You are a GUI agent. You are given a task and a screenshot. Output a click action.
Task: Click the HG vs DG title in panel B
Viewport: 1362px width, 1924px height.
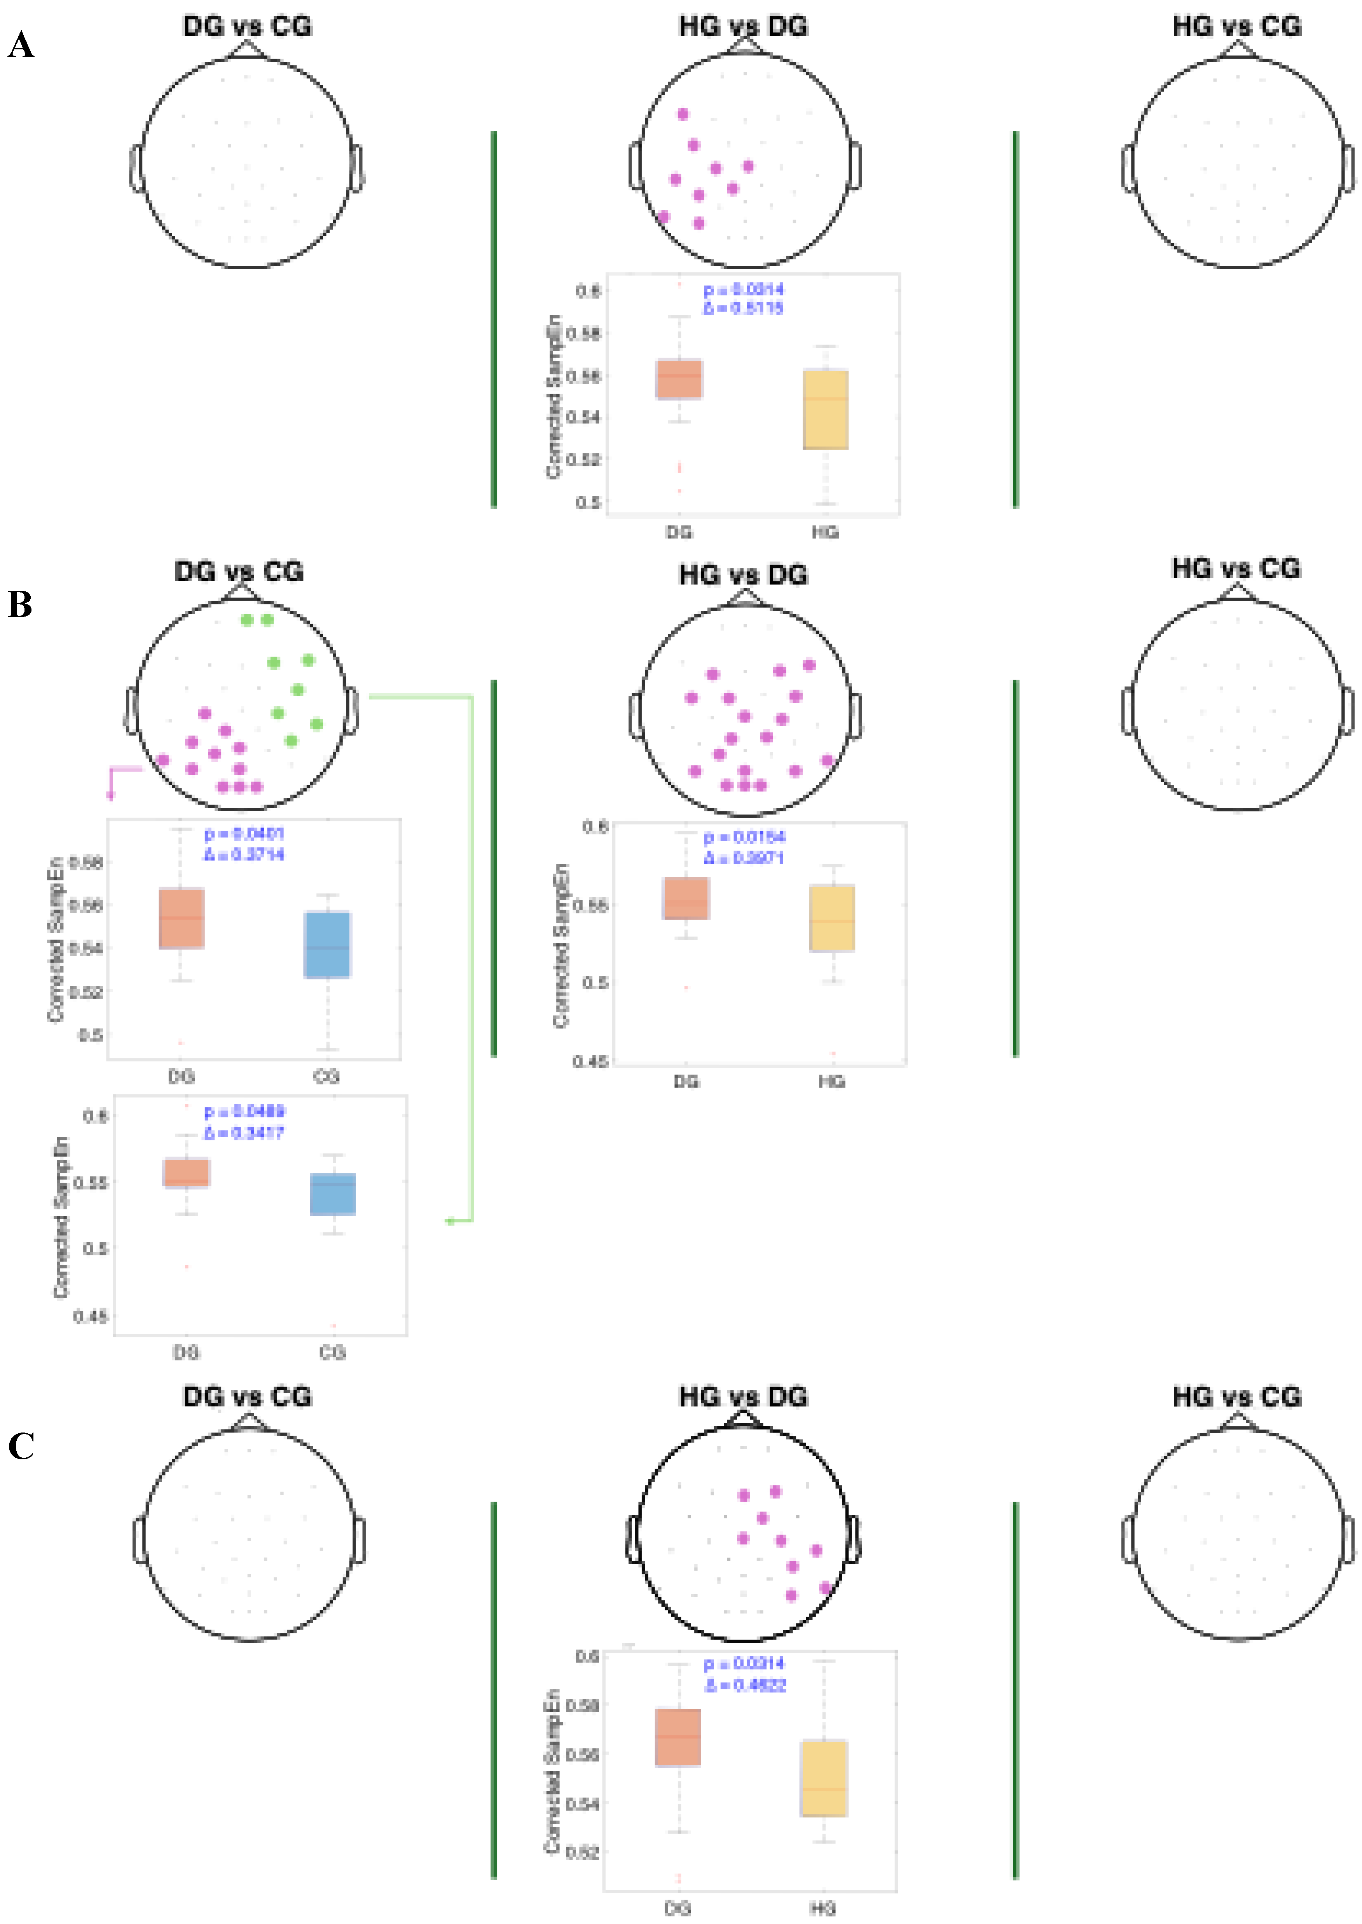[x=743, y=575]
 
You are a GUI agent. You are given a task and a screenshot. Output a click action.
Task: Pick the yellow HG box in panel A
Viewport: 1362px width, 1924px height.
[x=825, y=409]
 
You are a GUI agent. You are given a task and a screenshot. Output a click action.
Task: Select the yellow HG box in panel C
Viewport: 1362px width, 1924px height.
[x=824, y=1777]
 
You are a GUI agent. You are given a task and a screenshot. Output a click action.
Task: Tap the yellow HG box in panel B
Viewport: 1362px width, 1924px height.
[x=832, y=918]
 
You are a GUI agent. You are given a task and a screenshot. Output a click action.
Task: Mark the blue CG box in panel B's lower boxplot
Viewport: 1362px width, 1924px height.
[x=333, y=1194]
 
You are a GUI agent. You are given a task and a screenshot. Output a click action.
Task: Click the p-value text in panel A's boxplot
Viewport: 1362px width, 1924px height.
[x=743, y=289]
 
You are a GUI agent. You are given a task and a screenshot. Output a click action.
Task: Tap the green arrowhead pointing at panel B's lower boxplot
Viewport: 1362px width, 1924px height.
[x=451, y=1221]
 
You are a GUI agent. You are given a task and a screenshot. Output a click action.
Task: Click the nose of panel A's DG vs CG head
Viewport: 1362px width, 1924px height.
[x=248, y=49]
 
